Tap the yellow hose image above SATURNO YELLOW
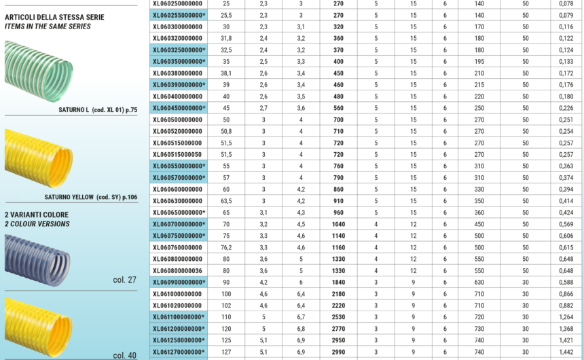pyautogui.click(x=39, y=158)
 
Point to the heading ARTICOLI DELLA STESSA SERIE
pyautogui.click(x=55, y=17)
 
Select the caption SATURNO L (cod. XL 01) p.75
pyautogui.click(x=98, y=109)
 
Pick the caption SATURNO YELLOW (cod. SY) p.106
pyautogui.click(x=90, y=197)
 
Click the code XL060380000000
pyautogui.click(x=177, y=73)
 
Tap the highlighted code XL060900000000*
pyautogui.click(x=179, y=282)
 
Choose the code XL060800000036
pyautogui.click(x=177, y=270)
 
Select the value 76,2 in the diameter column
pyautogui.click(x=226, y=247)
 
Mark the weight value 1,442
pyautogui.click(x=565, y=352)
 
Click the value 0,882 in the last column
pyautogui.click(x=565, y=305)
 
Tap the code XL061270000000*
pyautogui.click(x=179, y=352)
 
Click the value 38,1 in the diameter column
pyautogui.click(x=226, y=73)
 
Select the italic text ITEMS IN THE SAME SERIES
pyautogui.click(x=48, y=26)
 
